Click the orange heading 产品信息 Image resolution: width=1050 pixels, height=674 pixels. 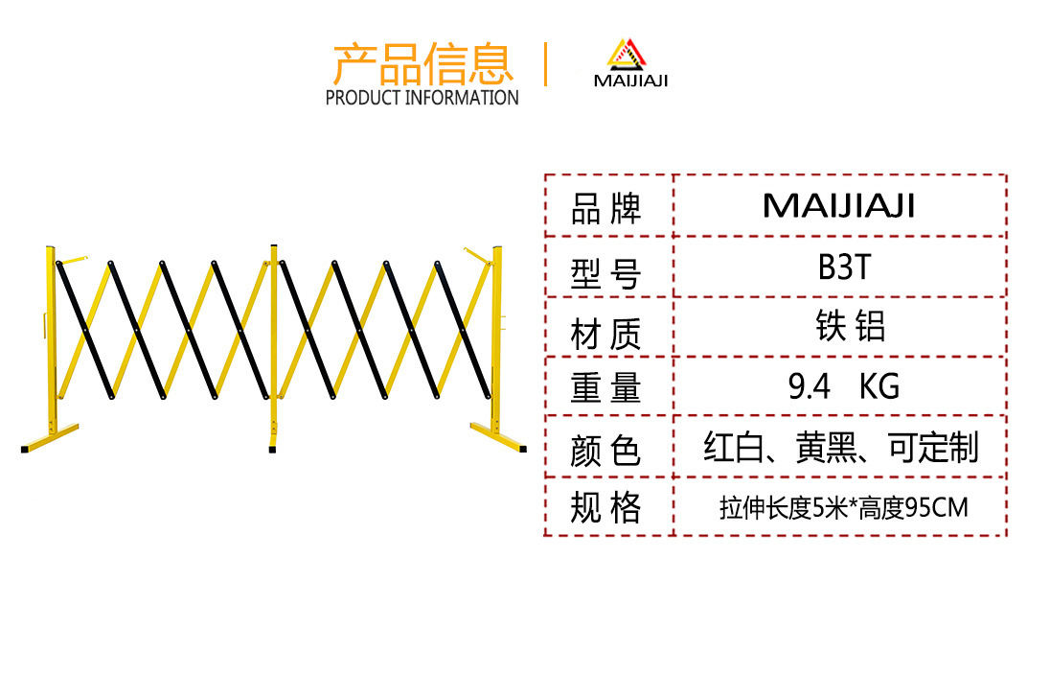tap(422, 63)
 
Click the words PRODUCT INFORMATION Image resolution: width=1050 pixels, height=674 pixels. tap(422, 97)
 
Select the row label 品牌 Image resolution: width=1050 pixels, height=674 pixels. tap(605, 208)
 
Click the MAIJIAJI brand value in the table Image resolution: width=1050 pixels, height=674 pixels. tap(839, 205)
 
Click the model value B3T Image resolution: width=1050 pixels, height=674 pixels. tap(844, 267)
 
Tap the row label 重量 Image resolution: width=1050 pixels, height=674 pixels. tap(605, 388)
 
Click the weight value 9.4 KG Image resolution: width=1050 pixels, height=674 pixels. tap(844, 386)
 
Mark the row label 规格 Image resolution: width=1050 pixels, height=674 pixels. tap(605, 507)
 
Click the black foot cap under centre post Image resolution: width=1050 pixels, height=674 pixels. tap(273, 447)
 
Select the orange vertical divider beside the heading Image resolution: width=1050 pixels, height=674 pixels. tap(545, 64)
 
